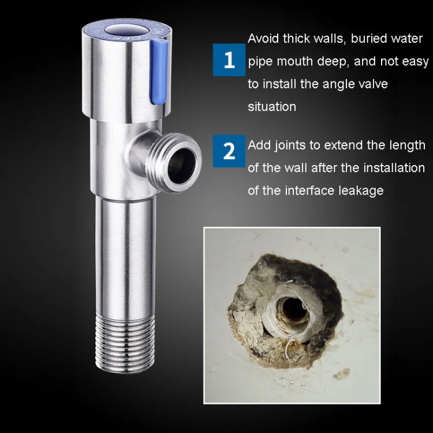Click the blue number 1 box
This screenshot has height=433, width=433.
pos(229,59)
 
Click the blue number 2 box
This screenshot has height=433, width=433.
pos(229,151)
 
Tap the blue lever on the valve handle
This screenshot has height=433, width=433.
pos(159,72)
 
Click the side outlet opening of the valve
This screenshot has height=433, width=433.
pos(181,165)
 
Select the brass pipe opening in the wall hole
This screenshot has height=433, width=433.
pos(293,309)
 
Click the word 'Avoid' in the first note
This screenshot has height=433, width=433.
pos(263,38)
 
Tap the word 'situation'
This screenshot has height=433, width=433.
pos(272,107)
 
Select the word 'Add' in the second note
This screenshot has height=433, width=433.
pos(259,145)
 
